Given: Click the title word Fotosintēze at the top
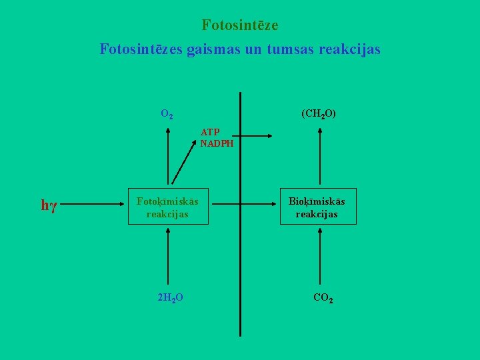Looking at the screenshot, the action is pyautogui.click(x=240, y=25).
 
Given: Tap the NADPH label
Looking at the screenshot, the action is pyautogui.click(x=217, y=142).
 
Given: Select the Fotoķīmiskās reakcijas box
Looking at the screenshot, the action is pyautogui.click(x=167, y=207).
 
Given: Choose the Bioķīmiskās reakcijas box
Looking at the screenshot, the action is pyautogui.click(x=317, y=207).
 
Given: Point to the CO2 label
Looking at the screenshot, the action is pyautogui.click(x=323, y=297).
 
